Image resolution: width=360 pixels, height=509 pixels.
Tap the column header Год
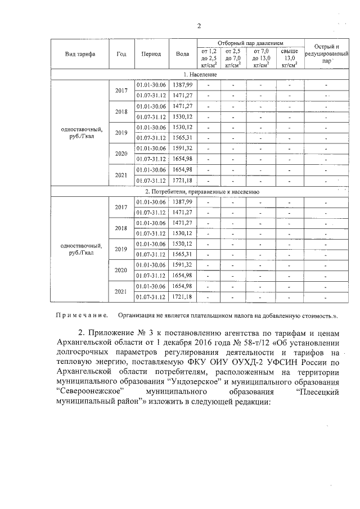121,54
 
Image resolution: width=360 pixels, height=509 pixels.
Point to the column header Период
151,54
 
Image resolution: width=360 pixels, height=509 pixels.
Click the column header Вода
182,54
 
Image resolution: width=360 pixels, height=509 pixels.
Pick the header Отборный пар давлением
250,43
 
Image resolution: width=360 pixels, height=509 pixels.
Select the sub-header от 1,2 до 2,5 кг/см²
209,58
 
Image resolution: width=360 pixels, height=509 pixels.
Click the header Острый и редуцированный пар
327,54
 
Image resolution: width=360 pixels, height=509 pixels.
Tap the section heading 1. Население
200,74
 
